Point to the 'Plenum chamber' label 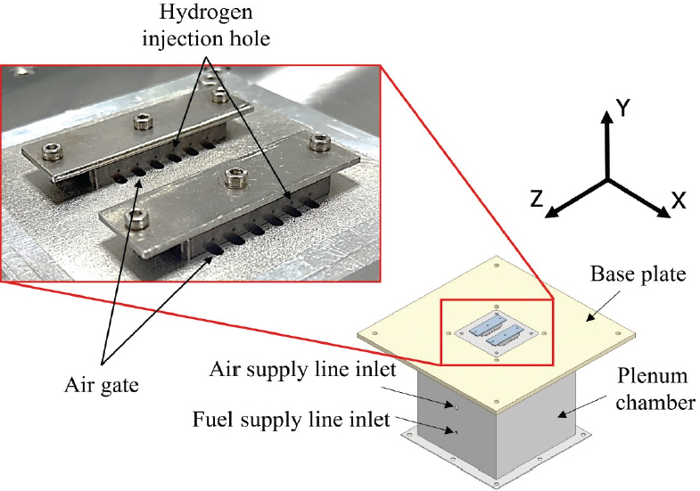pos(648,389)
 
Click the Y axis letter pos(626,109)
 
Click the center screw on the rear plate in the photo pos(142,121)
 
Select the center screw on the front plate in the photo pos(235,179)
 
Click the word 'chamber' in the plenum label pos(649,402)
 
